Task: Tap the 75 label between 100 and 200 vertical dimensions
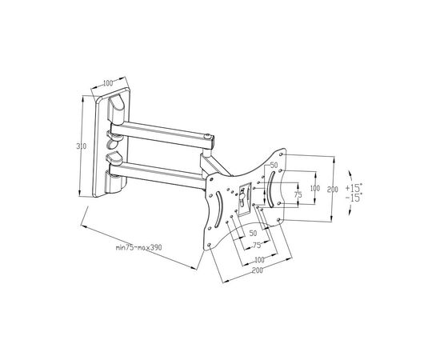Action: (x=298, y=194)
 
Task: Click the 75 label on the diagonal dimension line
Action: (x=256, y=245)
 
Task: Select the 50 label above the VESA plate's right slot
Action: (x=274, y=165)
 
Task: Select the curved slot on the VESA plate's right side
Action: (x=272, y=193)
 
